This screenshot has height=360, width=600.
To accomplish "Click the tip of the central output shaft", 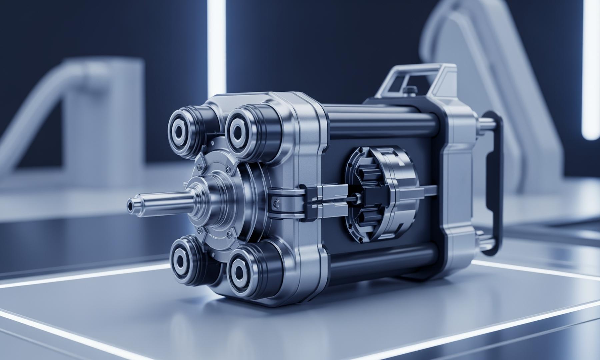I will click(x=131, y=203).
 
